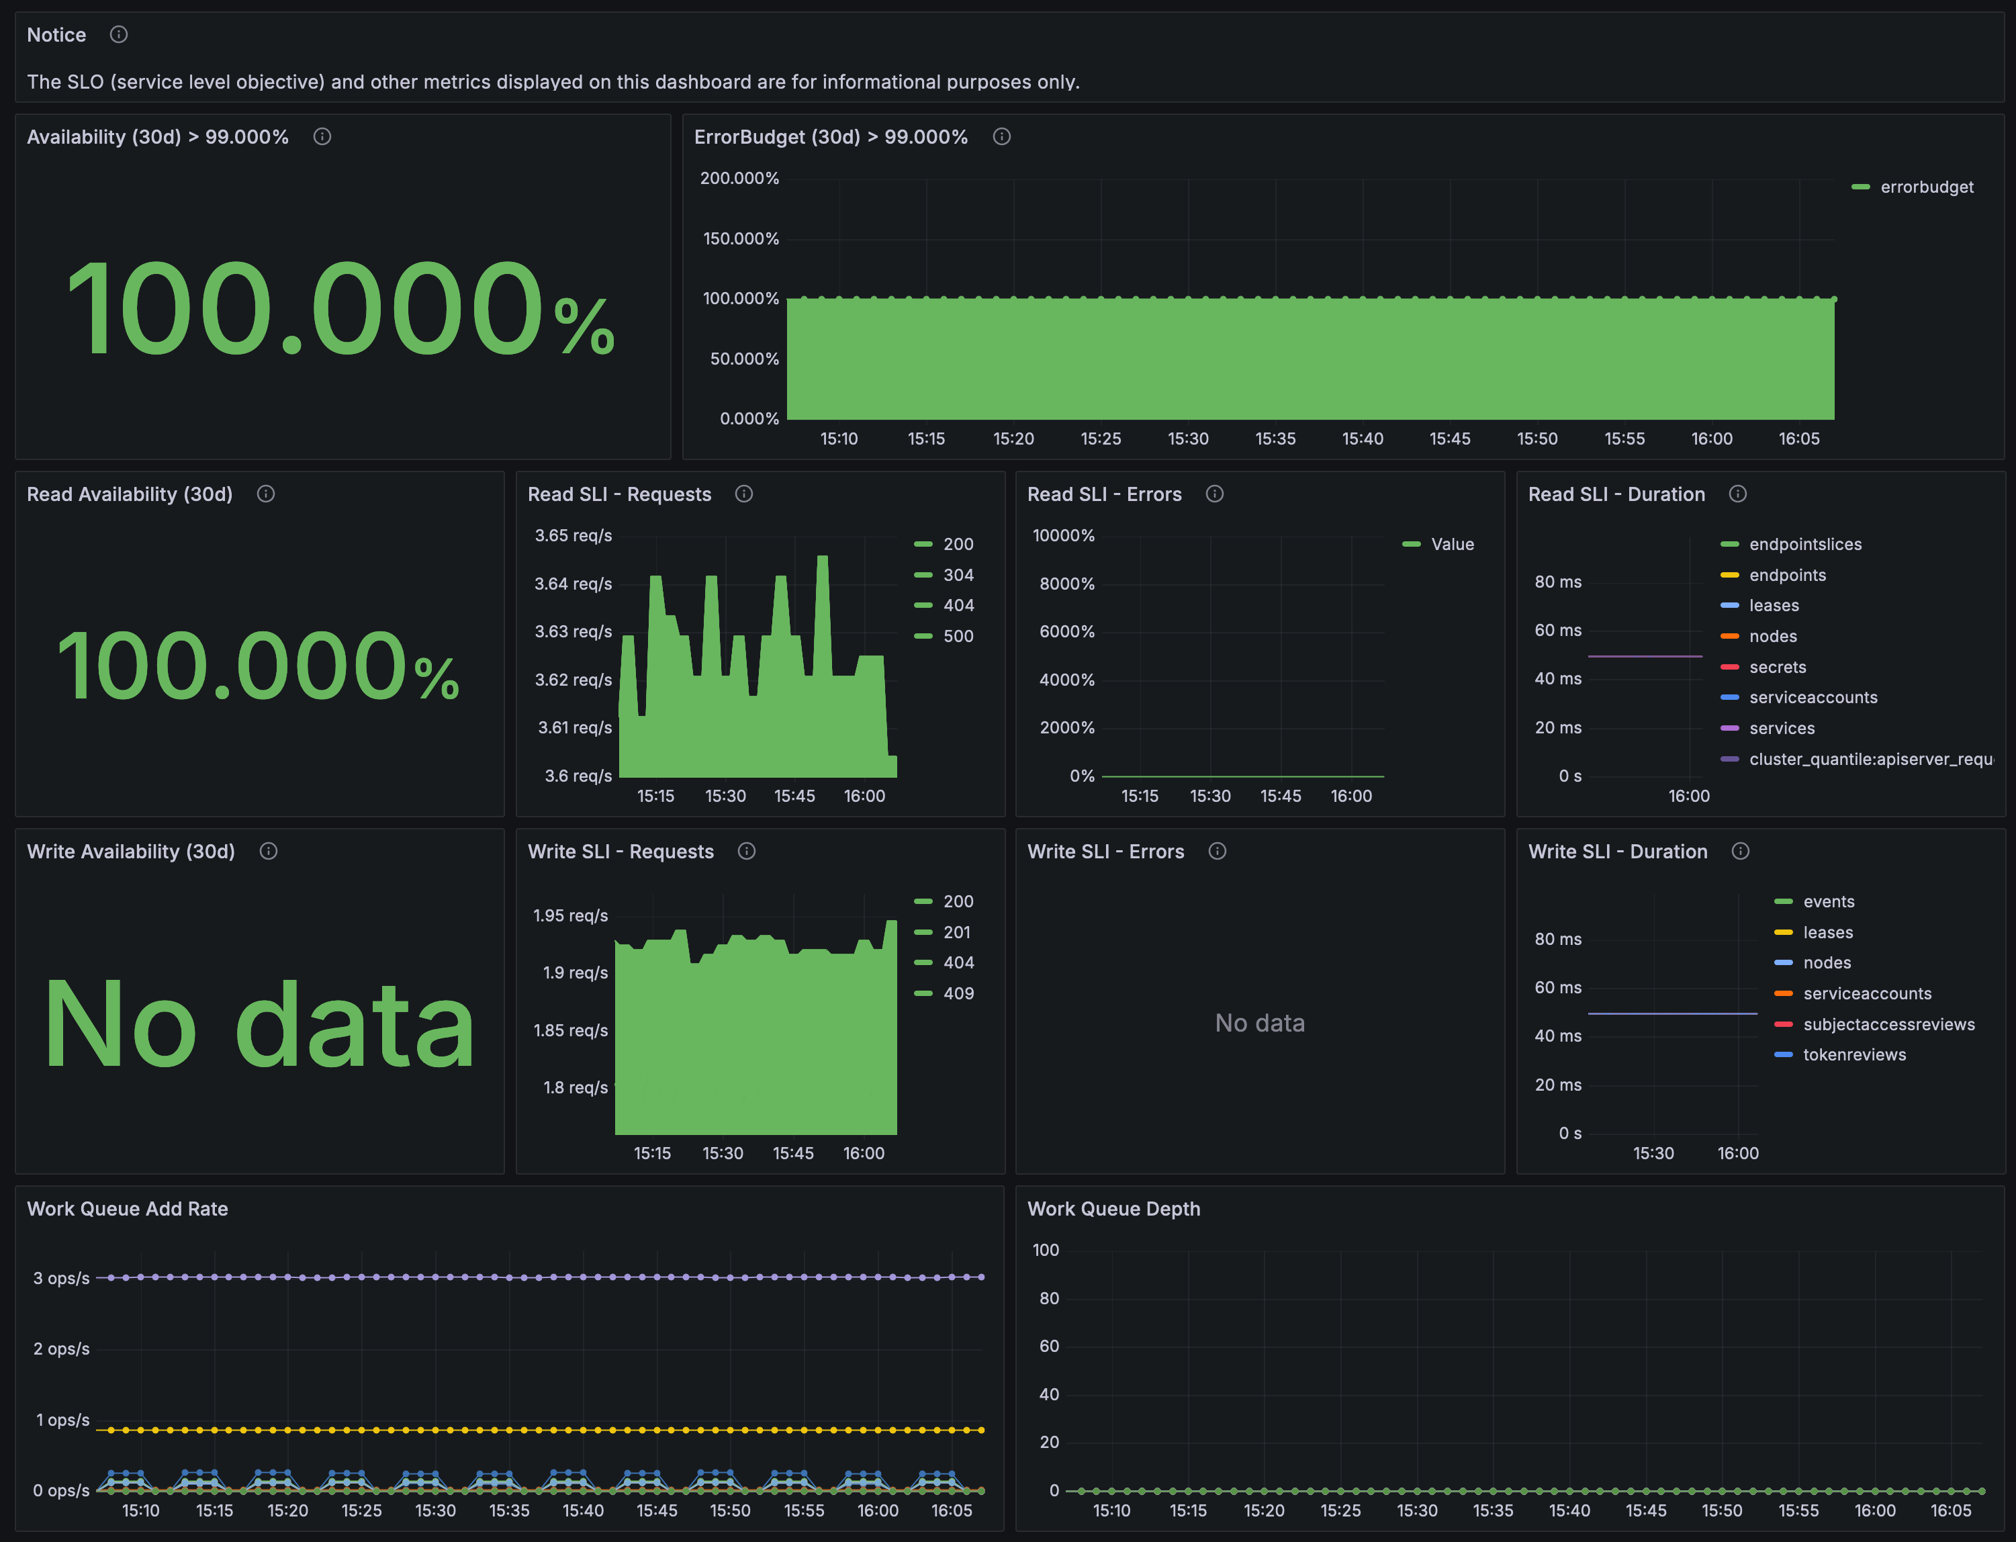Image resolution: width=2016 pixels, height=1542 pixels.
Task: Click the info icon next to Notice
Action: [x=118, y=35]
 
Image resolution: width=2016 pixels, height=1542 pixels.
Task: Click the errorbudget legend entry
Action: [x=1913, y=187]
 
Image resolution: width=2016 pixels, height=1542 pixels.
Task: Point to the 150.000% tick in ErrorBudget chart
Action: [x=741, y=238]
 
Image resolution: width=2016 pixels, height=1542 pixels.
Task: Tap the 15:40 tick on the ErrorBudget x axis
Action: [x=1363, y=439]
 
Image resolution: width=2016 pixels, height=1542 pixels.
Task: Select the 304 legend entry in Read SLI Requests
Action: [x=944, y=576]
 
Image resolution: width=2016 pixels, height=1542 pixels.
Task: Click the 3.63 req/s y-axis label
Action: [x=574, y=631]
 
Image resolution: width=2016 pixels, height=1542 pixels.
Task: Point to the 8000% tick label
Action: [x=1066, y=584]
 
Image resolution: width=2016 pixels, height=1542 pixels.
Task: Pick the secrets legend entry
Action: [x=1763, y=668]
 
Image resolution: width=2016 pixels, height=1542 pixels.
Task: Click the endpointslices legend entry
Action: [x=1791, y=544]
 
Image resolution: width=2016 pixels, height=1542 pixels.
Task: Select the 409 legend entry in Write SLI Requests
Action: [x=944, y=993]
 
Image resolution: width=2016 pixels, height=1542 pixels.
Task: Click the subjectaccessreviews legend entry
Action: [x=1875, y=1024]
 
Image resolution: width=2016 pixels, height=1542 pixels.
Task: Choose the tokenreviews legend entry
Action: [x=1840, y=1054]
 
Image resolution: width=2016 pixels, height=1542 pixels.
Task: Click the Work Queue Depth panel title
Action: [x=1113, y=1209]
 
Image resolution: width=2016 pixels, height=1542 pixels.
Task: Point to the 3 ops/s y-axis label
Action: [x=62, y=1279]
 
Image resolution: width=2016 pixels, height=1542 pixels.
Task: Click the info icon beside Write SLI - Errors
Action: [x=1217, y=851]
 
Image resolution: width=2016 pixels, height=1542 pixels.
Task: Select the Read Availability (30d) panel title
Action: [x=130, y=494]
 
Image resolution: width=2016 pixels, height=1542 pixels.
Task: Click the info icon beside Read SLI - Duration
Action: [x=1737, y=494]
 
